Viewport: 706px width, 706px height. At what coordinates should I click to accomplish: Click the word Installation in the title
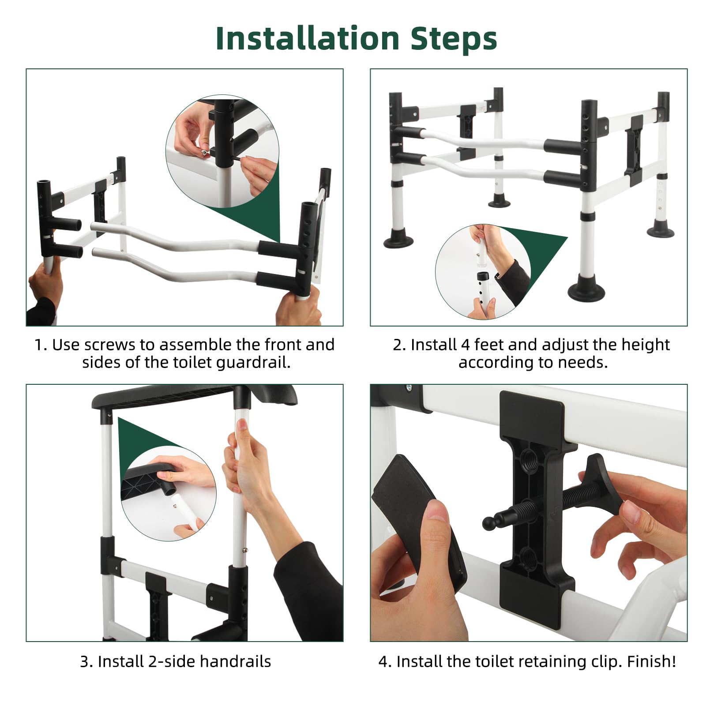[x=308, y=38]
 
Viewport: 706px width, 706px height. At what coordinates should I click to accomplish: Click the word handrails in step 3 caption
[x=236, y=661]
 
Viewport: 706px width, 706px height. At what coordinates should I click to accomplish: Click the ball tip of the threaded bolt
[x=489, y=523]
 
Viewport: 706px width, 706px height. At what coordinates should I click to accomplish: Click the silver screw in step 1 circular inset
[x=205, y=152]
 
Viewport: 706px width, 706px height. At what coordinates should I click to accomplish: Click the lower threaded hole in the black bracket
[x=528, y=556]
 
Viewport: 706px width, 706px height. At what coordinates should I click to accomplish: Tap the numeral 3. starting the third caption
[x=86, y=662]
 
